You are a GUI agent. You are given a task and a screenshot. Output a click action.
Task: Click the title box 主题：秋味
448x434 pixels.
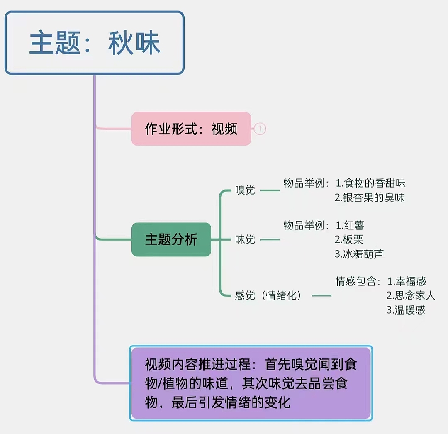point(94,43)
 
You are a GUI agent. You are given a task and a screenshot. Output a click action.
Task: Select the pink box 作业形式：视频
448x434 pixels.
point(191,129)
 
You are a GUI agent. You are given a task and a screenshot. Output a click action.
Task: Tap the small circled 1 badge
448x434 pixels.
point(260,129)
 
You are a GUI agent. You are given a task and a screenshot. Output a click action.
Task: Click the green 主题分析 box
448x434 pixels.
point(171,239)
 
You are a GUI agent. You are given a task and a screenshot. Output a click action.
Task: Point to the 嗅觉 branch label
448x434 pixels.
point(245,191)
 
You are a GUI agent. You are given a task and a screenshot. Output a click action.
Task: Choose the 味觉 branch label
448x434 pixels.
point(245,239)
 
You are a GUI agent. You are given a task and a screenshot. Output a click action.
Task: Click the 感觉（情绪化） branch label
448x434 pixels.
point(268,295)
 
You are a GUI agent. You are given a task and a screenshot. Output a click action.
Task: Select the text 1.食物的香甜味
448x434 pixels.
point(370,183)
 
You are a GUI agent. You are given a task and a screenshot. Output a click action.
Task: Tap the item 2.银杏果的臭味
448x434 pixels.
point(370,197)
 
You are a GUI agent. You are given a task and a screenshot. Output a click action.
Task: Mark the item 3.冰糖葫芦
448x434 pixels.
point(359,254)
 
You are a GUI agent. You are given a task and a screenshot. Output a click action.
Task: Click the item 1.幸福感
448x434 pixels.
point(407,281)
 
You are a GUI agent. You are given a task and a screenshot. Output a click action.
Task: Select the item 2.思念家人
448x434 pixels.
point(411,295)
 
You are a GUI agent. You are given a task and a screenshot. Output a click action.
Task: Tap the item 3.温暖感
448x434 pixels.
point(406,310)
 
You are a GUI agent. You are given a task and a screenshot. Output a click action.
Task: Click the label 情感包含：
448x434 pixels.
point(358,281)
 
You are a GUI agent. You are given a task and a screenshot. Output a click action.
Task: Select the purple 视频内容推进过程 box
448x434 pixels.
point(251,383)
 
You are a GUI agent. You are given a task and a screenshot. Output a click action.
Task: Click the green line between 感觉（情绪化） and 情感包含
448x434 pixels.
point(321,296)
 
